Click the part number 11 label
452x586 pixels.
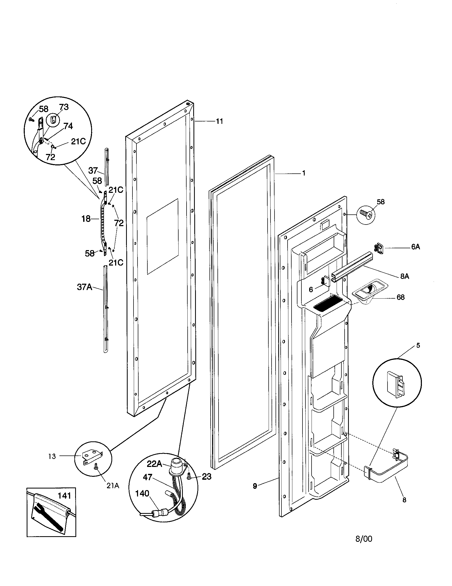[219, 121]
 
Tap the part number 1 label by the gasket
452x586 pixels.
[304, 173]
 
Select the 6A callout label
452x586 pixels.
[415, 247]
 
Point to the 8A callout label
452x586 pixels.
[405, 276]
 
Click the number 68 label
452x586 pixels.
[400, 297]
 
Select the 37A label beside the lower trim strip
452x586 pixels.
[84, 287]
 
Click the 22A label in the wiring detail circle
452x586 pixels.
[154, 464]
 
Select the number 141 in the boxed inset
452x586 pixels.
[64, 495]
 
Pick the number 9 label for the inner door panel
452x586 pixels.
[255, 485]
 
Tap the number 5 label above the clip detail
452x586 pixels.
[418, 345]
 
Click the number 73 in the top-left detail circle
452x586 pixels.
[64, 107]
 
